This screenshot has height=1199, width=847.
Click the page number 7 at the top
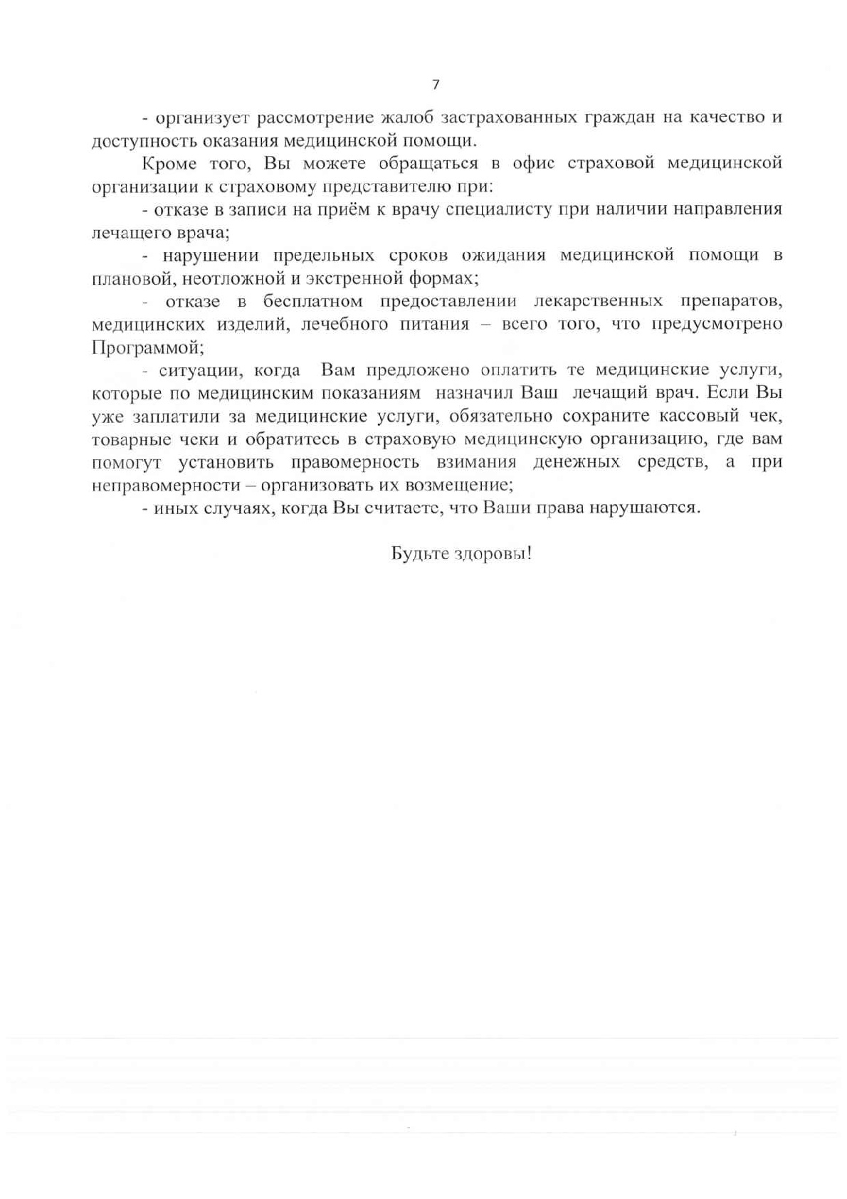(x=436, y=85)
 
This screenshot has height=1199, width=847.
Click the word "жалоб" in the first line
(x=409, y=117)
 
